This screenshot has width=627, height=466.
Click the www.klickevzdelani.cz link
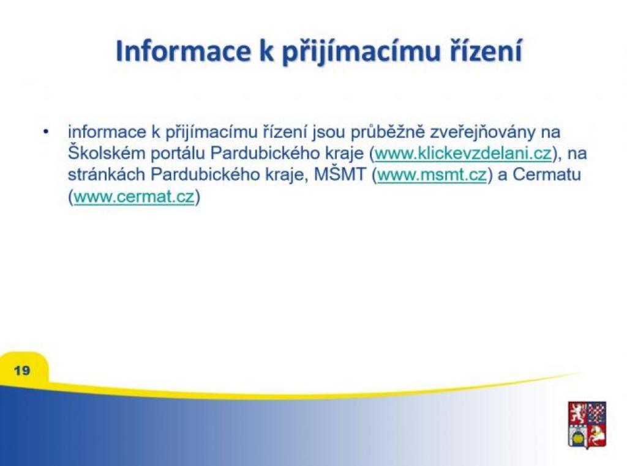click(463, 153)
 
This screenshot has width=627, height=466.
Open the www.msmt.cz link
click(432, 174)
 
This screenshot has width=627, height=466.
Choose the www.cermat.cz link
click(134, 196)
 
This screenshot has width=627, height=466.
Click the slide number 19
click(22, 370)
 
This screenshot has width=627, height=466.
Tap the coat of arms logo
click(587, 425)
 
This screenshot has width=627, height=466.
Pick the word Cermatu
click(546, 174)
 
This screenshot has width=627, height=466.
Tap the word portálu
click(178, 153)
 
